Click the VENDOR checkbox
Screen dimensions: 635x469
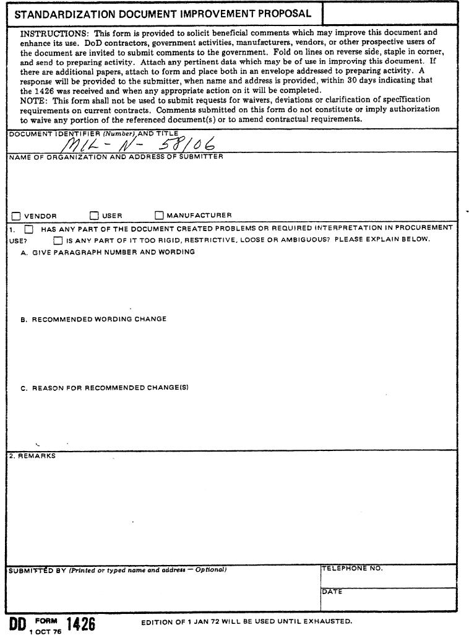click(x=16, y=216)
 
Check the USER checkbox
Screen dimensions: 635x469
click(x=94, y=216)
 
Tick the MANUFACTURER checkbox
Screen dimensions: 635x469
click(x=159, y=216)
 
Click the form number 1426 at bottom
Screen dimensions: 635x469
click(x=80, y=623)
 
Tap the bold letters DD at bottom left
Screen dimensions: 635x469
click(x=17, y=623)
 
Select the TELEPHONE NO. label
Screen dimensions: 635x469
click(x=352, y=568)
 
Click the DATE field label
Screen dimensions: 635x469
click(x=332, y=592)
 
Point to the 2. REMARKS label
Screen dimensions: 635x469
click(x=32, y=456)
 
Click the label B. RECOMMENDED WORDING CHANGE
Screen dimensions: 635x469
click(x=93, y=320)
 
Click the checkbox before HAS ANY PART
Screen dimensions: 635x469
click(x=28, y=229)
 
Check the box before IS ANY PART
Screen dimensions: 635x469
click(x=58, y=240)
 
